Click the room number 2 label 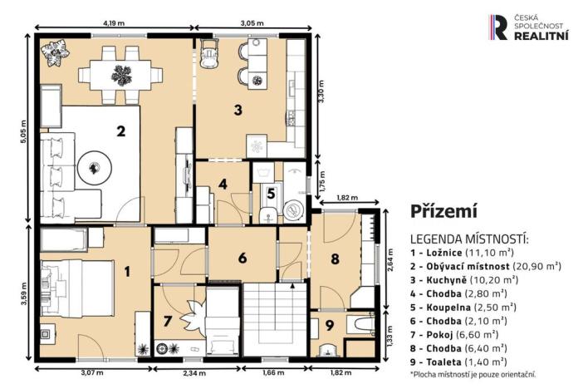click(120, 130)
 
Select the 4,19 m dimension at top click(115, 26)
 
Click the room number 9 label click(329, 326)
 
